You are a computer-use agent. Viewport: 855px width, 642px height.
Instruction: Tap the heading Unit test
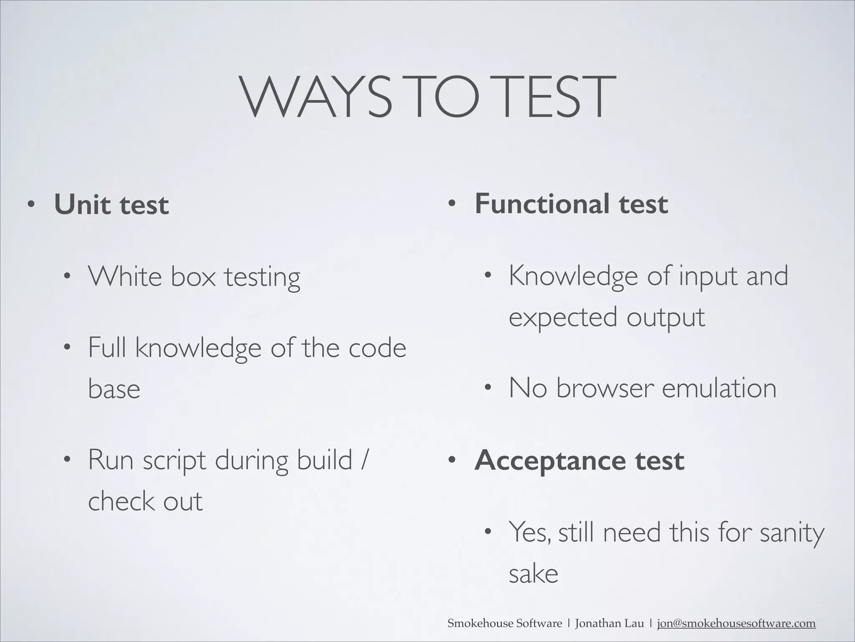111,205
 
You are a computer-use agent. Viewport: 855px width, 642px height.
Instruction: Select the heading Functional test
571,204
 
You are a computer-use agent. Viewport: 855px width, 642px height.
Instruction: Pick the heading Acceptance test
579,460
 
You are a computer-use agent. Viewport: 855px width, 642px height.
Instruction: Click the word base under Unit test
114,389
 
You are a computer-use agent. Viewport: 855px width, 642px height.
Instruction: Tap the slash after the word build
364,460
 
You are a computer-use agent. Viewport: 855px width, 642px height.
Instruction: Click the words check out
145,501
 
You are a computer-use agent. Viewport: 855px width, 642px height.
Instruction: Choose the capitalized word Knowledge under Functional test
573,277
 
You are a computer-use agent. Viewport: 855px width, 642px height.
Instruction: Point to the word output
665,317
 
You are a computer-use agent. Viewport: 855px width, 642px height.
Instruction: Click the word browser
604,388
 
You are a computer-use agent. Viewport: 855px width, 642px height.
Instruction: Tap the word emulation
719,388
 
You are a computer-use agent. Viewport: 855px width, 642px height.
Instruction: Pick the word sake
533,574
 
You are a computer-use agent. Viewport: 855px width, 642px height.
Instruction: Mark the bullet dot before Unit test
30,205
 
